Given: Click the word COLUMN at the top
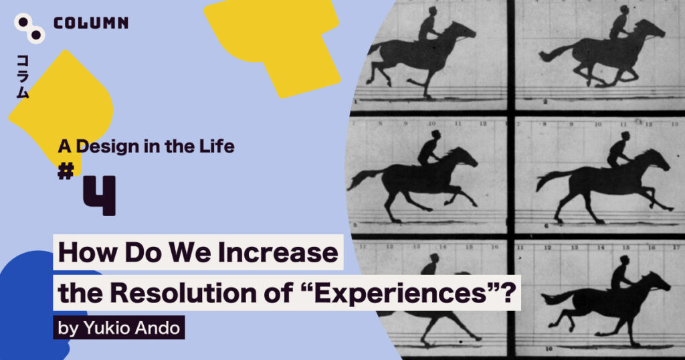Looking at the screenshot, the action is click(x=91, y=23).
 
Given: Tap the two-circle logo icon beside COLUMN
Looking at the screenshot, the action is click(x=29, y=28).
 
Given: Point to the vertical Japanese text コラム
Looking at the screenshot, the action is click(x=22, y=77).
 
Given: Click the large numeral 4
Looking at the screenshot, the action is click(x=100, y=195).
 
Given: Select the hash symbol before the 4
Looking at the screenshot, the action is click(x=66, y=171).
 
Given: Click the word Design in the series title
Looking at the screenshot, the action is click(x=107, y=146).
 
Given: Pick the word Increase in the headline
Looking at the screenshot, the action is click(x=278, y=252).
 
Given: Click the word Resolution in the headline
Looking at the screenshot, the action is click(x=183, y=292).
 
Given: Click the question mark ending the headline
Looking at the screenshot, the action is click(x=508, y=292).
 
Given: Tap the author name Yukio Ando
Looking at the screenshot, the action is click(x=132, y=328).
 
